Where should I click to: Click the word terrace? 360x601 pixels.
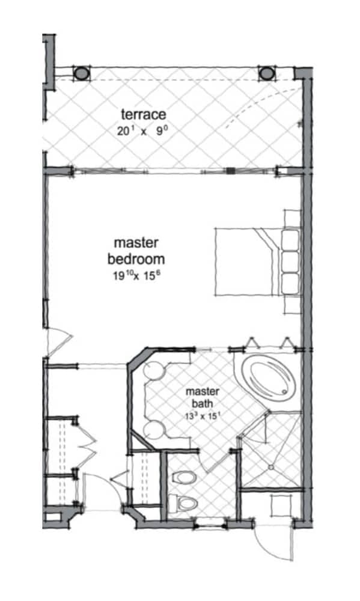pyautogui.click(x=143, y=114)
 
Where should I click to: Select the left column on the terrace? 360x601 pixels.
pyautogui.click(x=81, y=73)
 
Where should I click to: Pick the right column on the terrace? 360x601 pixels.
pyautogui.click(x=266, y=73)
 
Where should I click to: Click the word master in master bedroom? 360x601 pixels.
pyautogui.click(x=136, y=243)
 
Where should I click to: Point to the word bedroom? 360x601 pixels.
pyautogui.click(x=136, y=259)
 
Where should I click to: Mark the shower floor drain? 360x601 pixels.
pyautogui.click(x=271, y=467)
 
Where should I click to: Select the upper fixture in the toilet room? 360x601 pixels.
pyautogui.click(x=184, y=478)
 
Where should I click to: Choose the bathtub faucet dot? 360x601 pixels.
pyautogui.click(x=285, y=392)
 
